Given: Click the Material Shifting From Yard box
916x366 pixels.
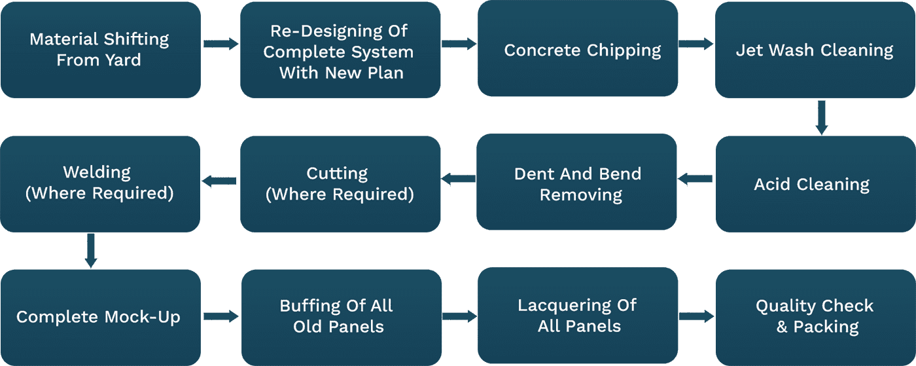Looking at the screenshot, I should click(x=100, y=50).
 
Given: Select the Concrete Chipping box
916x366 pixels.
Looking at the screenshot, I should click(x=577, y=50).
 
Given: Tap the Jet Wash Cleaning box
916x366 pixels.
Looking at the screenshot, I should click(x=815, y=50).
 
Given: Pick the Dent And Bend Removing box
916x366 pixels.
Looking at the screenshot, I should click(x=577, y=184).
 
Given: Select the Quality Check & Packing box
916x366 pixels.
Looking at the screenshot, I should click(x=815, y=316).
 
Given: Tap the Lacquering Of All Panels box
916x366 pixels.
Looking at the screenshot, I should click(x=577, y=316).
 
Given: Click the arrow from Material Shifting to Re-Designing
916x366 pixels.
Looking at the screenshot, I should click(x=220, y=44).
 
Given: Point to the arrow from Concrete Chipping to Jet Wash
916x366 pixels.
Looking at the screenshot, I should click(x=696, y=44).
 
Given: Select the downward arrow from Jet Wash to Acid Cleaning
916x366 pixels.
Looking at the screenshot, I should click(x=822, y=117).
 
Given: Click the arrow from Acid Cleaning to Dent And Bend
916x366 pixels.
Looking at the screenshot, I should click(x=695, y=178).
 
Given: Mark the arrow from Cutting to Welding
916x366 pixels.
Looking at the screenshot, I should click(x=219, y=181).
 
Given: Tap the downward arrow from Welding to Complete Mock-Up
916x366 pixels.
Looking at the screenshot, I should click(x=91, y=250).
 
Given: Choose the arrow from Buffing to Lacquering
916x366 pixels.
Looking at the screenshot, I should click(x=459, y=317).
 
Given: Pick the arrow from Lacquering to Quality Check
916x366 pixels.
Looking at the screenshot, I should click(x=696, y=317).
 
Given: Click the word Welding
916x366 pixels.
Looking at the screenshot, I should click(x=97, y=173).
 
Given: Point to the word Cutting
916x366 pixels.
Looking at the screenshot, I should click(x=337, y=174).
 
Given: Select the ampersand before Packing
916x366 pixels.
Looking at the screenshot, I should click(x=782, y=327).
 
